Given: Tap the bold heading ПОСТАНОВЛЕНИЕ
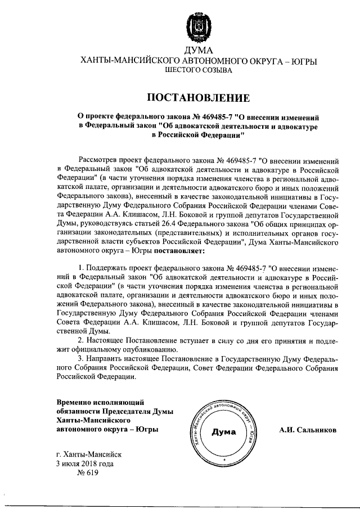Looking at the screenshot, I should tap(198, 97).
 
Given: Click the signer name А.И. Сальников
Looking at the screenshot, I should tap(308, 430).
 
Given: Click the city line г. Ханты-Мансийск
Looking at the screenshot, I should tap(88, 454).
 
